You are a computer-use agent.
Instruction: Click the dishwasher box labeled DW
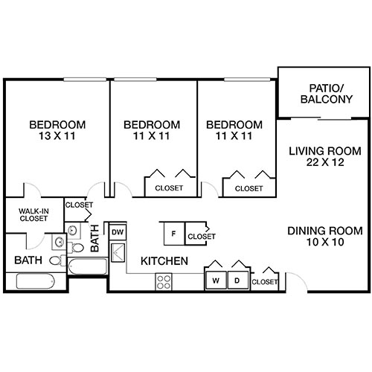tap(117, 232)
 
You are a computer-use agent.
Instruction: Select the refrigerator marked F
tap(173, 234)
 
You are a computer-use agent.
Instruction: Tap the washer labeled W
tap(216, 281)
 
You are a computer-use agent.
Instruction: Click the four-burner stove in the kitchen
tap(164, 282)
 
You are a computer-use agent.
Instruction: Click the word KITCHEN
tap(164, 261)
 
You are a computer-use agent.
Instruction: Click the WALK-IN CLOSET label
tap(33, 216)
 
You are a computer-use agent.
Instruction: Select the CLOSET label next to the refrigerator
tap(201, 236)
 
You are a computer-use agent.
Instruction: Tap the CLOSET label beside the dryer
tap(265, 282)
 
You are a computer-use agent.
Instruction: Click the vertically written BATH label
tap(95, 240)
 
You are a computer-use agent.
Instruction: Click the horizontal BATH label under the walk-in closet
tap(28, 260)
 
